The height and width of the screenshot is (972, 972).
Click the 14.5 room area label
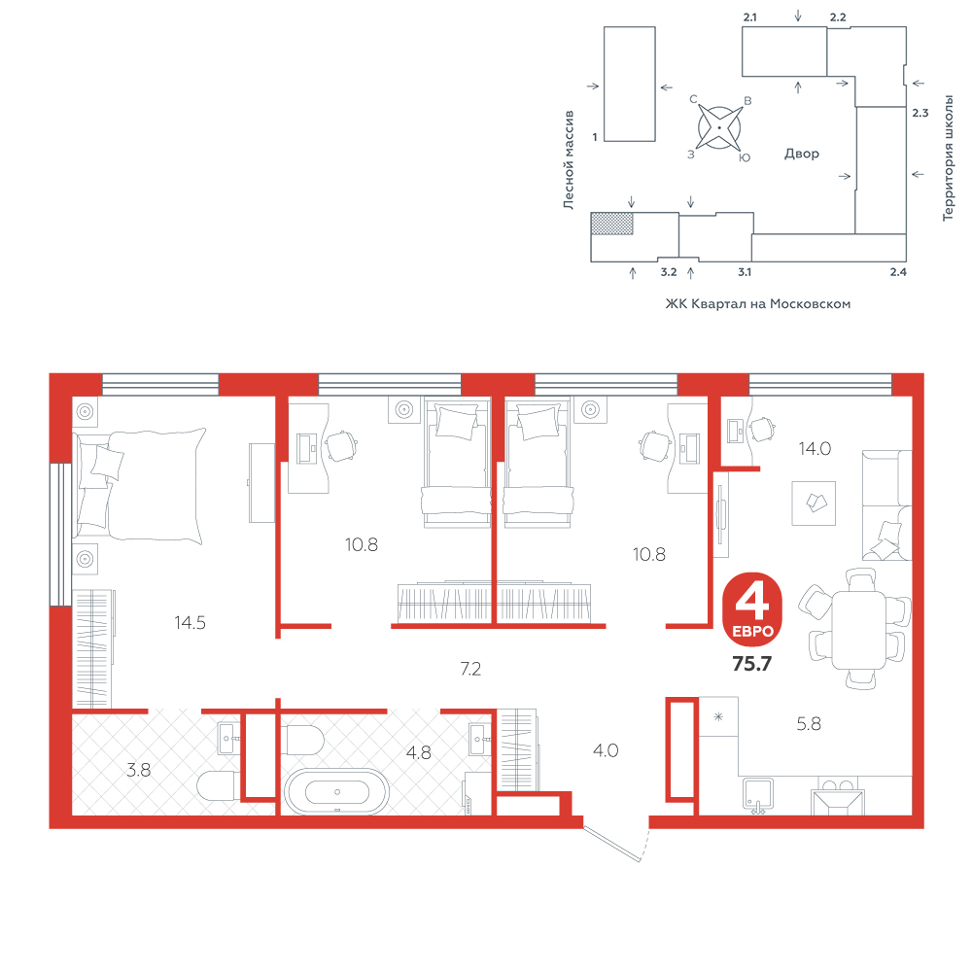tap(190, 622)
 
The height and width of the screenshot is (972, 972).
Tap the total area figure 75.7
tap(752, 664)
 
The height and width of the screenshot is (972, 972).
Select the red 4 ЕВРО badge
tap(752, 609)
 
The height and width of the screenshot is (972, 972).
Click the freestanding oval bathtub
tap(336, 791)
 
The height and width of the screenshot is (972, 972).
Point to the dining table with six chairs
tap(858, 630)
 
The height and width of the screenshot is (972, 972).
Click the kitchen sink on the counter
tap(757, 795)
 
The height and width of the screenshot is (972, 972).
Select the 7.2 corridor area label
tap(470, 669)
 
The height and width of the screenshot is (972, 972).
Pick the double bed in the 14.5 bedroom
tap(139, 484)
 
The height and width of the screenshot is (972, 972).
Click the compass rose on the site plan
tap(719, 127)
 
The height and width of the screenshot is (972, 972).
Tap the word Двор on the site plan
tap(802, 154)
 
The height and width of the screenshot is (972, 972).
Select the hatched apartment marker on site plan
tap(611, 224)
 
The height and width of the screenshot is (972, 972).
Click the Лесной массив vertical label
tap(569, 160)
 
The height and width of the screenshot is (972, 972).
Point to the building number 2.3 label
tap(920, 113)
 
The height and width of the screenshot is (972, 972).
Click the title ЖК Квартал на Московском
tap(757, 303)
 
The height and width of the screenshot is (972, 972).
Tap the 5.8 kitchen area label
tap(809, 723)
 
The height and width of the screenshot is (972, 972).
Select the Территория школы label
tap(948, 158)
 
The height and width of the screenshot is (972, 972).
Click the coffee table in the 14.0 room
tap(814, 503)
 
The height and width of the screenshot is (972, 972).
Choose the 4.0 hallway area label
tap(606, 750)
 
